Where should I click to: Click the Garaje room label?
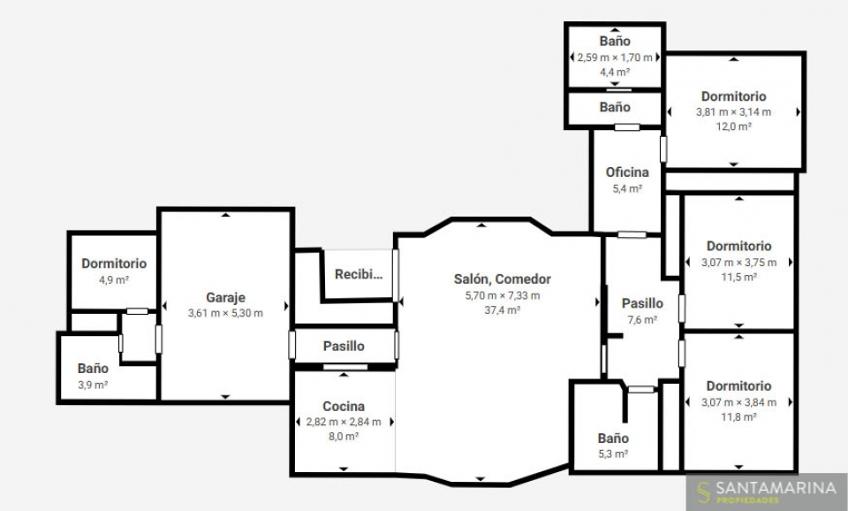click(225, 297)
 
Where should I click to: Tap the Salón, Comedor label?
click(503, 279)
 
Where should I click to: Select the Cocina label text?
click(344, 406)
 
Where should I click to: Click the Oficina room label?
click(627, 172)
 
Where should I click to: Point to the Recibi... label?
click(359, 274)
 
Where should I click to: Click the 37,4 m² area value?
click(503, 310)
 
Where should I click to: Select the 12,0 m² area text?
click(734, 126)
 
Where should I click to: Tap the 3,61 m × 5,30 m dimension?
click(225, 313)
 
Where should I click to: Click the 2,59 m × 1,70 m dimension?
click(615, 57)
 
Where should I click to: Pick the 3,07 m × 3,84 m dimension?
click(738, 402)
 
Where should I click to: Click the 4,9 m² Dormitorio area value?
click(114, 280)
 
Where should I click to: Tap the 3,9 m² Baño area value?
click(93, 385)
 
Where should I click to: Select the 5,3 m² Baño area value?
click(613, 454)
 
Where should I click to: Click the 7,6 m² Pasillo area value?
click(642, 319)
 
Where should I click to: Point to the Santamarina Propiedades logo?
click(767, 492)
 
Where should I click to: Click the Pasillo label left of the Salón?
click(344, 346)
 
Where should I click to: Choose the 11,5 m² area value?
click(738, 277)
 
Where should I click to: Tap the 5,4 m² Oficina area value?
click(627, 188)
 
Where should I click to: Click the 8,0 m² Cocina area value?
click(344, 437)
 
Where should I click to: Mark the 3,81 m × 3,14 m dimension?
click(734, 112)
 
